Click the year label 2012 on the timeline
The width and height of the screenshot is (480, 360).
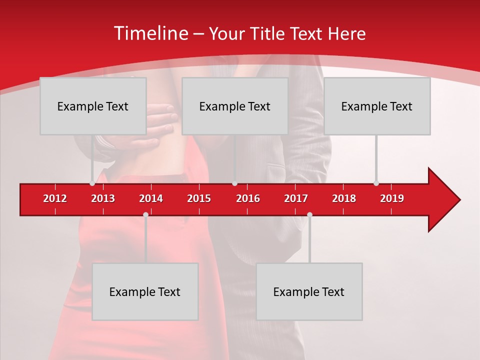pos(55,198)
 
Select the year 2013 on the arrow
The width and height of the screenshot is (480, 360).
pos(103,198)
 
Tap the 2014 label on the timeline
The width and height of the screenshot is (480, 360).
pos(151,198)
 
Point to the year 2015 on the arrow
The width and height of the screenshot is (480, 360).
pos(199,198)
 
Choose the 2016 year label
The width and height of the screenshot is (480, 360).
pos(248,198)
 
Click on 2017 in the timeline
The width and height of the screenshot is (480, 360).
pos(296,198)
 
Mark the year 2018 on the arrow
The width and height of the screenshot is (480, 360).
pos(344,198)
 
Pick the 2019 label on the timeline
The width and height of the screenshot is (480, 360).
pos(392,198)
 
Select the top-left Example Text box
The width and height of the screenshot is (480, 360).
pos(93,106)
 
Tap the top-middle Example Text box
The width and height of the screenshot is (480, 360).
pos(235,106)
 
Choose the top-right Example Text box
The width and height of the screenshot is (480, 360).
pos(377,106)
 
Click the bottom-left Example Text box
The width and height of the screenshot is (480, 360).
pos(145,291)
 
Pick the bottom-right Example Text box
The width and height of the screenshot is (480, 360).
pos(309,291)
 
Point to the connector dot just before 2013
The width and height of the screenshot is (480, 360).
pos(92,183)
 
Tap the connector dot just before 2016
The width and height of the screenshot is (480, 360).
pos(234,183)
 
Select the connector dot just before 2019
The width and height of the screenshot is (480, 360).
pos(376,183)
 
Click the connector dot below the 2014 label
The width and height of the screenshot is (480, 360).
pos(145,214)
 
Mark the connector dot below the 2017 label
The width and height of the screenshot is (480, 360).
pos(309,214)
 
